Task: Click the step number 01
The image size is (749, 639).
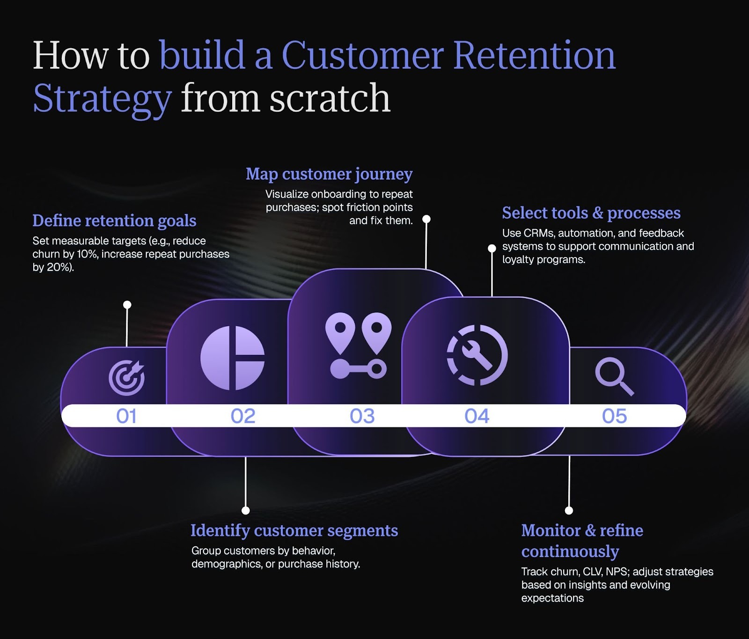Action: point(126,416)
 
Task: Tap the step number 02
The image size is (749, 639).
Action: point(243,416)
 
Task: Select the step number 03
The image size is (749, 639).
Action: point(362,416)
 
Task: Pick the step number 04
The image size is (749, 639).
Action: point(477,416)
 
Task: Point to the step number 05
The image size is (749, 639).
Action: point(614,416)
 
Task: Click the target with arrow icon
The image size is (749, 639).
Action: point(127,377)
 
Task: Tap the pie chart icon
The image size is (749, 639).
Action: point(232,358)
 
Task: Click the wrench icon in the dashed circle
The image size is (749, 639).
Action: point(477,355)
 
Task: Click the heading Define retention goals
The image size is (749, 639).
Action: point(114,220)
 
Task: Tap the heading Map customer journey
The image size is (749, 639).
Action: point(329,174)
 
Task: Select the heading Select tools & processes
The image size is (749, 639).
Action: point(591,213)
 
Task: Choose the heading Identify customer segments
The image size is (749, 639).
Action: point(294,530)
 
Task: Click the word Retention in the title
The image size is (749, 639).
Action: point(534,55)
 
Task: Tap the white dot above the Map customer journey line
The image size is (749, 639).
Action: point(426,219)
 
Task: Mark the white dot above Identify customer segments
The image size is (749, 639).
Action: point(246,510)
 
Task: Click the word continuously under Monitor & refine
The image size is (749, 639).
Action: point(570,551)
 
